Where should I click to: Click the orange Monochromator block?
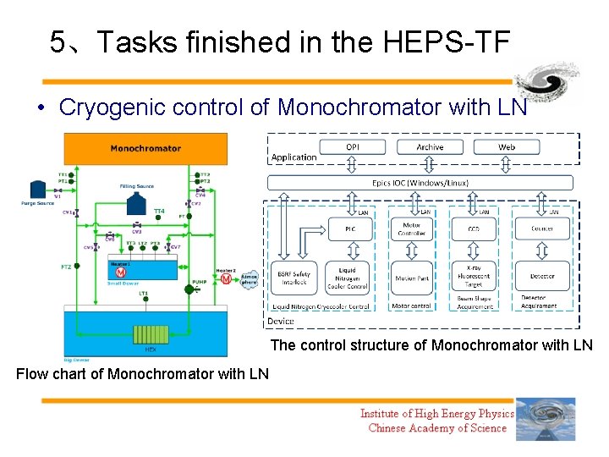[x=145, y=148]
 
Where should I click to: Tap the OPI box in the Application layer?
[x=352, y=147]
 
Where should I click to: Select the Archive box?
[x=429, y=147]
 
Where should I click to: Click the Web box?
[x=506, y=147]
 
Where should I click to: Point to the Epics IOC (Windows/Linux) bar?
[x=420, y=183]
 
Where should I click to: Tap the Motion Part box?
[x=412, y=278]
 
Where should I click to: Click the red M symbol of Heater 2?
[x=225, y=278]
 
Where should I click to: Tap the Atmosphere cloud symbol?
[x=249, y=280]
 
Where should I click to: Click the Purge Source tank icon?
[x=37, y=188]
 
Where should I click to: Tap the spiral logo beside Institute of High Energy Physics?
[x=546, y=419]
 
